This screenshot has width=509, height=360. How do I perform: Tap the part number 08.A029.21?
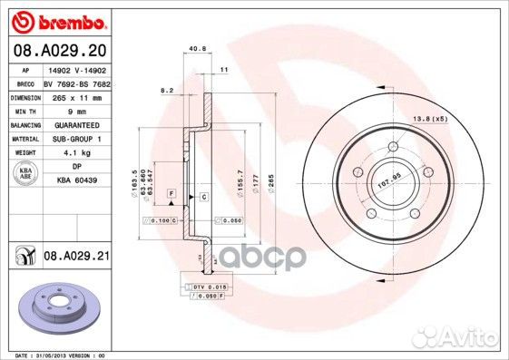coord(77,258)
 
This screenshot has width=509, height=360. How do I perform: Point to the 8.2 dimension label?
coord(166,91)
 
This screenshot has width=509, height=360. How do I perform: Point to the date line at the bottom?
coord(55,355)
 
